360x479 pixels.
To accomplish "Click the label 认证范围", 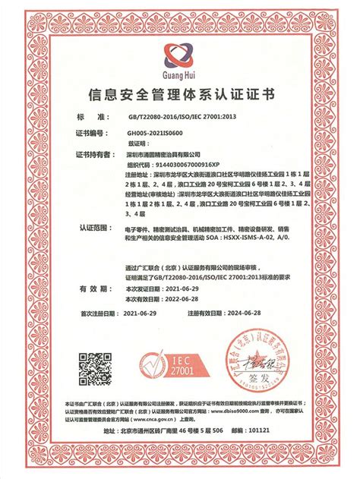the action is (93, 226).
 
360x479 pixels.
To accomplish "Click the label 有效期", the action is (91, 289).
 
